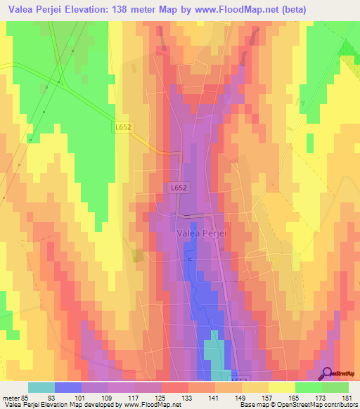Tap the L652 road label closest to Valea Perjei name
pyautogui.click(x=178, y=188)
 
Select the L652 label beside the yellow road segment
pyautogui.click(x=122, y=126)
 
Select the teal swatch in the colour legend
pyautogui.click(x=41, y=387)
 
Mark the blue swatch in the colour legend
pyautogui.click(x=68, y=387)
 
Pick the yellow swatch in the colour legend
pyautogui.click(x=281, y=387)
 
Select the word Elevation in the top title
pyautogui.click(x=91, y=10)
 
